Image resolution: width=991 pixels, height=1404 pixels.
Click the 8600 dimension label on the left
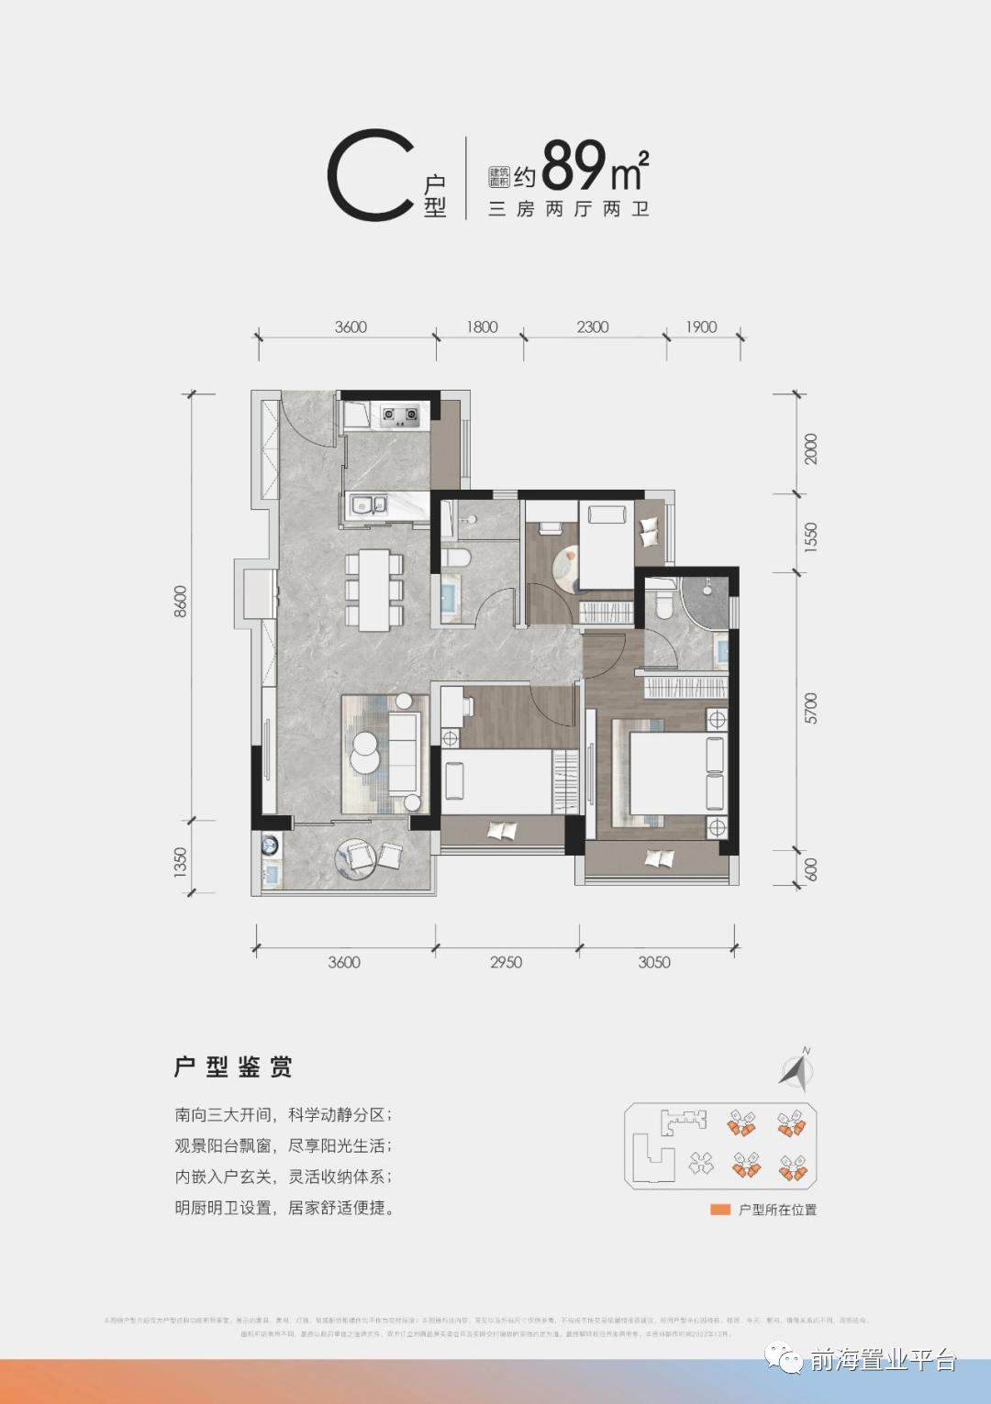(181, 601)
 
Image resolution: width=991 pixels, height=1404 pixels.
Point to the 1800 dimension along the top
(482, 327)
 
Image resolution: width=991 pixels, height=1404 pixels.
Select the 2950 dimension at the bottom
(506, 962)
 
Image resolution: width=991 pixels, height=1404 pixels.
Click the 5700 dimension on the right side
(811, 708)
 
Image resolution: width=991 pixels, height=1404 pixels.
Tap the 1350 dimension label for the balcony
(181, 862)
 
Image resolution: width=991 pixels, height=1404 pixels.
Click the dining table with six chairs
(374, 590)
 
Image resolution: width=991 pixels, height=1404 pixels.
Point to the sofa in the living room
(403, 755)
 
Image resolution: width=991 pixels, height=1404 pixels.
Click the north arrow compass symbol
(797, 1069)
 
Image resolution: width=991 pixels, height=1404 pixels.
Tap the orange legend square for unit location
(720, 1210)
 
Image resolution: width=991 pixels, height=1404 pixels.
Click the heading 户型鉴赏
(233, 1067)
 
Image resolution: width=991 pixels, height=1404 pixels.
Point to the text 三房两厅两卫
(569, 209)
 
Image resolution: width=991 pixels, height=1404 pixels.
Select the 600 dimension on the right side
(811, 868)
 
